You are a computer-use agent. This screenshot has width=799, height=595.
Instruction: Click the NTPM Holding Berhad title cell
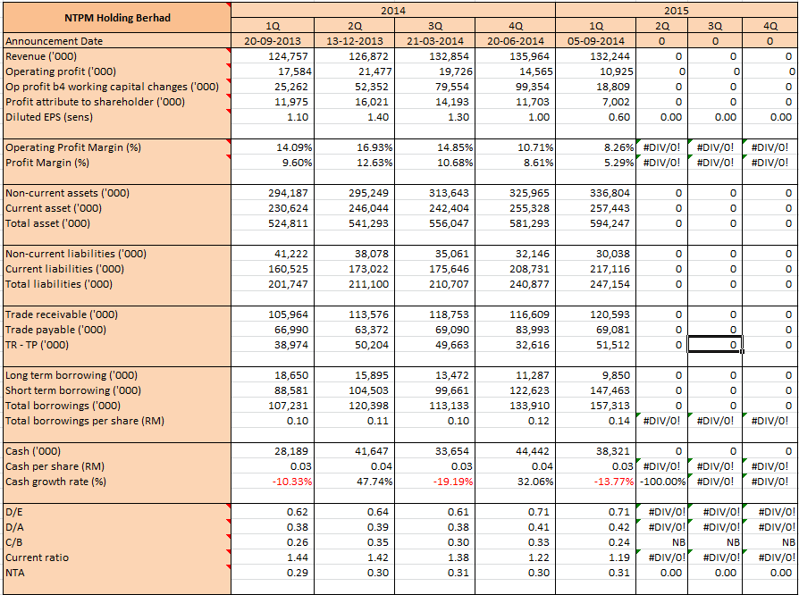tap(117, 18)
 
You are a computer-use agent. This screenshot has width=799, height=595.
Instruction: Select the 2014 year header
tap(393, 10)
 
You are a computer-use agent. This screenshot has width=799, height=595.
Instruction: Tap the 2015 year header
tap(677, 10)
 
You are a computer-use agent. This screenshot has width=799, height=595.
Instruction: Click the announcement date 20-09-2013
tap(273, 41)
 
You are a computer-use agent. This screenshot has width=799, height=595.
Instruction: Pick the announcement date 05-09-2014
tap(596, 41)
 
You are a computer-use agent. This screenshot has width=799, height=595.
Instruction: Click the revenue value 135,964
tap(529, 56)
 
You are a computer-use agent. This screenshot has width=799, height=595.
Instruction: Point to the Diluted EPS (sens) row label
tap(49, 117)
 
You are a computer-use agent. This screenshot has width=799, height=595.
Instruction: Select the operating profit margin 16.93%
tap(374, 147)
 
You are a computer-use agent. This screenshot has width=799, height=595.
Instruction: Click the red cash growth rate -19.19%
tap(453, 482)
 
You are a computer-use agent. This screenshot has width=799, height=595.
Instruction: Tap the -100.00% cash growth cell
tap(662, 482)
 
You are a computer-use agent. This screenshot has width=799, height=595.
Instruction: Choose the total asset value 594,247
tap(610, 223)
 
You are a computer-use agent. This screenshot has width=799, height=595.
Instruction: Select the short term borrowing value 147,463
tap(610, 390)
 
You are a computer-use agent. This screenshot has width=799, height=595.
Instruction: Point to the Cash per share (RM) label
tap(55, 466)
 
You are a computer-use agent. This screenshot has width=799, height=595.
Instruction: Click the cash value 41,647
tap(371, 451)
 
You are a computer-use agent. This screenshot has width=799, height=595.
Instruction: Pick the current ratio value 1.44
tap(298, 557)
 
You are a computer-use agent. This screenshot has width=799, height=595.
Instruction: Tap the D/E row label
tap(13, 512)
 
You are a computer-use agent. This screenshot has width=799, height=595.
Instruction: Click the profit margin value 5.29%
tap(619, 163)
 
